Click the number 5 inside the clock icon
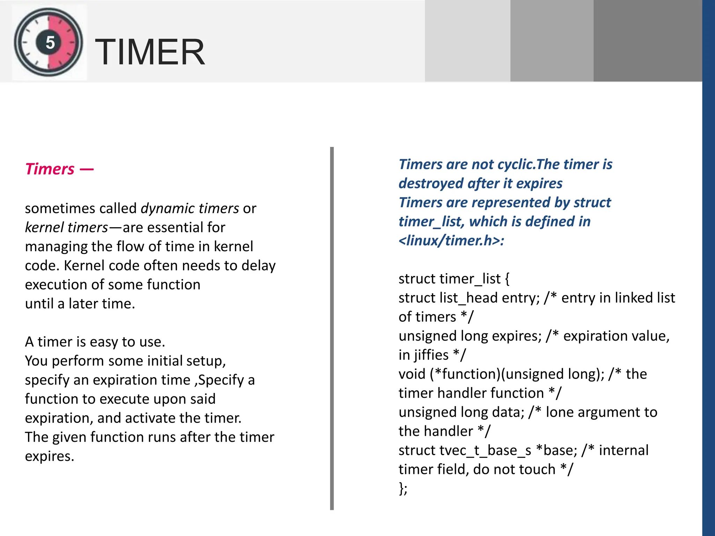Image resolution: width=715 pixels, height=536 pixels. [x=50, y=43]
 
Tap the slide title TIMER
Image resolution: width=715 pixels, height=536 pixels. [x=150, y=52]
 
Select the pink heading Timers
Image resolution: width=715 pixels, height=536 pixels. [x=50, y=169]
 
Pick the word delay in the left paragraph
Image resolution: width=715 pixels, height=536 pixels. [x=258, y=266]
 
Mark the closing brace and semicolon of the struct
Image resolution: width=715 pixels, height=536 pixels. [x=403, y=489]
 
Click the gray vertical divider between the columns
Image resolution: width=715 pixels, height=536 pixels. [x=332, y=328]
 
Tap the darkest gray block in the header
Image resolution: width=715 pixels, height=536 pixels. [x=648, y=41]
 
